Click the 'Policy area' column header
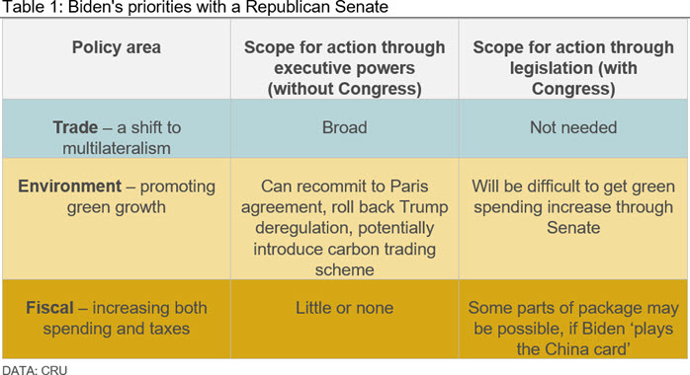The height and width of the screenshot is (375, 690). pos(117,47)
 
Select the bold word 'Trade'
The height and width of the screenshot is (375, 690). pos(75,127)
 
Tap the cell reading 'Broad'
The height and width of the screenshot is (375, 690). pos(345,127)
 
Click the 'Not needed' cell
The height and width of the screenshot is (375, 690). pos(573,127)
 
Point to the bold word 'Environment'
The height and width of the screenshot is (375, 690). pos(69,187)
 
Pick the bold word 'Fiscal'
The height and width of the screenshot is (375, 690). pos(49,308)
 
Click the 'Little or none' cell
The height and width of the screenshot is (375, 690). pos(345,308)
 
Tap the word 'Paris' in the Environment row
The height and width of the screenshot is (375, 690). pos(409,187)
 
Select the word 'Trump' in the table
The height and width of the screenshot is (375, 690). pos(424,207)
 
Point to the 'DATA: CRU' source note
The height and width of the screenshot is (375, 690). pos(35,370)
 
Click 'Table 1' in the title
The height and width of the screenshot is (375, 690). pos(31,8)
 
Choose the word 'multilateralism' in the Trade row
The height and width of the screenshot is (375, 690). pos(117,148)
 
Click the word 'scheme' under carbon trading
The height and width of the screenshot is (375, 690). pos(345,269)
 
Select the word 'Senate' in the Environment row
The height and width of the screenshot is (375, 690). pos(573,228)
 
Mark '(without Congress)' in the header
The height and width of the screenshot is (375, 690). pos(345,89)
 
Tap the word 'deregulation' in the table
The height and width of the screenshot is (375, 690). pos(302,228)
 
